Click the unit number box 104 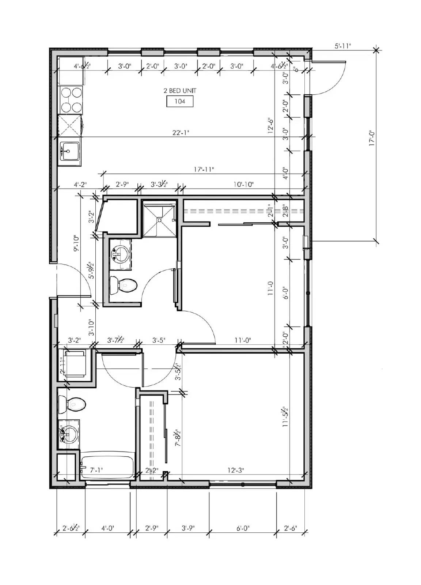(x=179, y=101)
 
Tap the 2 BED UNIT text (x=179, y=91)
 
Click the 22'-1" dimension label (x=181, y=132)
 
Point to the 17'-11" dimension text (x=204, y=169)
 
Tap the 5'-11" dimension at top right (x=342, y=46)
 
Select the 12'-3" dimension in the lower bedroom (x=235, y=470)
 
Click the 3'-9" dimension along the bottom (x=188, y=528)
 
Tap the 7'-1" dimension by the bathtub (x=97, y=470)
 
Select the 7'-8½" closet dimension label (x=178, y=438)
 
